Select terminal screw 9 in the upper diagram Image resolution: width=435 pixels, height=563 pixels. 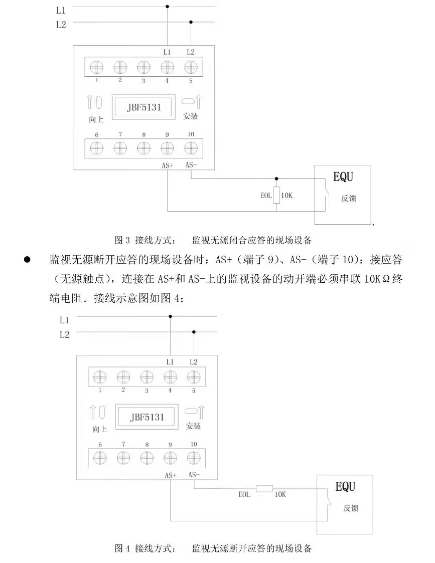(167, 147)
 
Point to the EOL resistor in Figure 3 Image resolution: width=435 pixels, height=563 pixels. (276, 195)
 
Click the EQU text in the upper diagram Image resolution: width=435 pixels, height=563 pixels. (343, 177)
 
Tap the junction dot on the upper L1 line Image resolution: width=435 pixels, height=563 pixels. (168, 7)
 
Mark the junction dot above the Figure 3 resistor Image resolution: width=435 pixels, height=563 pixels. (276, 178)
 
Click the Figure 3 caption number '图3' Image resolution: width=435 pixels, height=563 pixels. (122, 240)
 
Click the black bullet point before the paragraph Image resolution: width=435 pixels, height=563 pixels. (28, 260)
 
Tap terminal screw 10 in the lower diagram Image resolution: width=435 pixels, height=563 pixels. (193, 458)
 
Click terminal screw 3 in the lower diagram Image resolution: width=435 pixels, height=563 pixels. (147, 377)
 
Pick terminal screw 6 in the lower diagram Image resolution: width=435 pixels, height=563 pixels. (100, 458)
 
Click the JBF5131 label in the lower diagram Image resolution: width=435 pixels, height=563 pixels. (148, 417)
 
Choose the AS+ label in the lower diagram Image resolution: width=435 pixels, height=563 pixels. (171, 475)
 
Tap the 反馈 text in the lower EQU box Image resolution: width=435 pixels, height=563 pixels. (351, 508)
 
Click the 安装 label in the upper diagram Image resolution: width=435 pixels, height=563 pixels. (191, 116)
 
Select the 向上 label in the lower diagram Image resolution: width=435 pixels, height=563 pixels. (99, 429)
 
